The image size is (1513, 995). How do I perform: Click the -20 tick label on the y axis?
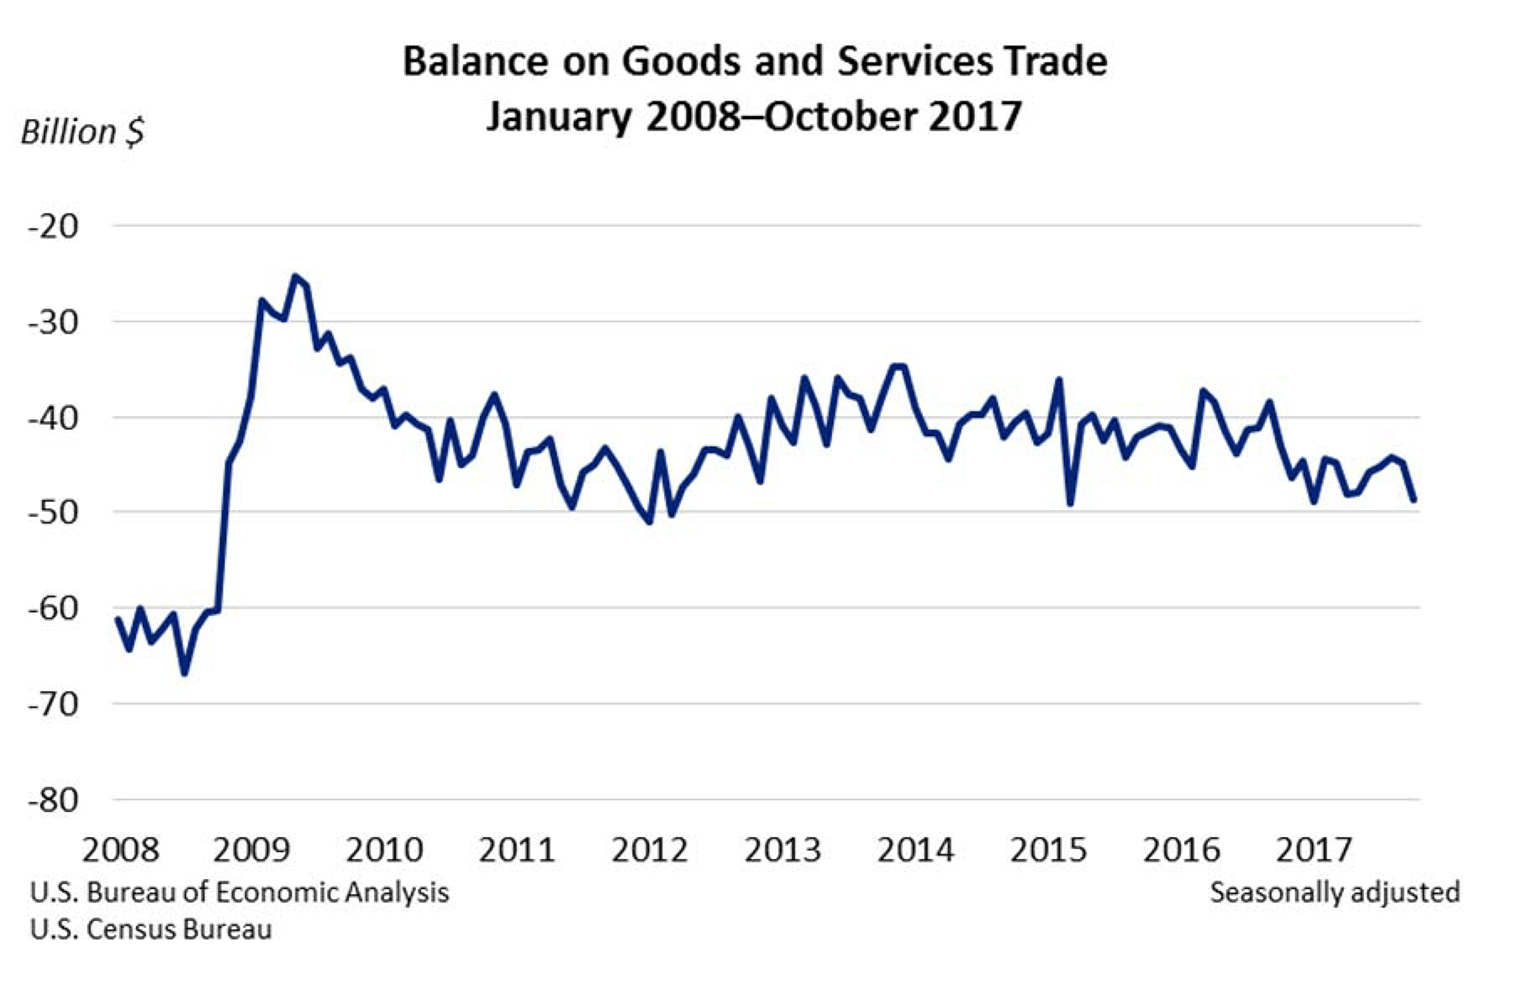(53, 226)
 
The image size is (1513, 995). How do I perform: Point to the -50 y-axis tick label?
(53, 512)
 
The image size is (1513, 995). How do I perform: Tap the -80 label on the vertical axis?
(53, 800)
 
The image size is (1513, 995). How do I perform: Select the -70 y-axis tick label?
(53, 704)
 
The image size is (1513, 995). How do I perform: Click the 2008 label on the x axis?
(120, 850)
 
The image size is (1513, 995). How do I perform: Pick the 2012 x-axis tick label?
(649, 850)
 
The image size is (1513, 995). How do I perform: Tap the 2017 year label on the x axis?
(1314, 850)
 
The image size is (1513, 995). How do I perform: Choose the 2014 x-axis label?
(915, 850)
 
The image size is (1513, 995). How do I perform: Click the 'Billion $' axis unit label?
(82, 132)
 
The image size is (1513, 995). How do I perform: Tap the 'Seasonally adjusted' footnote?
(1335, 892)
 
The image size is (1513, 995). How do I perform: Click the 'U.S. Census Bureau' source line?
(151, 929)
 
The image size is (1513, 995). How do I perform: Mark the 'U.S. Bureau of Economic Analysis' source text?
(240, 892)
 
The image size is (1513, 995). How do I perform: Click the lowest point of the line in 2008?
(185, 673)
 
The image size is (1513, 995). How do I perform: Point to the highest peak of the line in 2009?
(295, 276)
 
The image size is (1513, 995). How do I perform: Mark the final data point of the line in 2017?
(1414, 500)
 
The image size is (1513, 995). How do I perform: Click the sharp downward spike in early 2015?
(1070, 503)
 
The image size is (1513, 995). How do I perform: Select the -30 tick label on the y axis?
(53, 322)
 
